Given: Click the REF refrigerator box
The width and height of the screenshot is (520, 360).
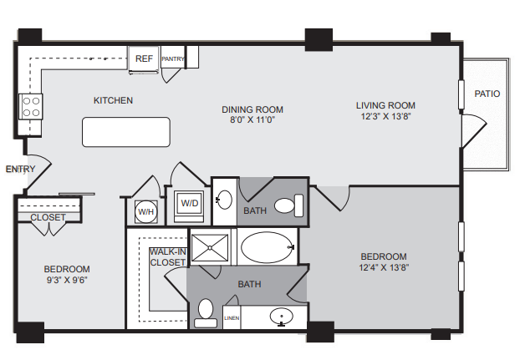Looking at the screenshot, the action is (x=144, y=58).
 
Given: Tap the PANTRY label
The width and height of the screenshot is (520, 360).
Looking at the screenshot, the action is (x=172, y=58).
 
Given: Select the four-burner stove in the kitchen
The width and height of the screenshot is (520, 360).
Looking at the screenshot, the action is (x=30, y=107).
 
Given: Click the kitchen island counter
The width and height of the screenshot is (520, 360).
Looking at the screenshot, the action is (x=126, y=132).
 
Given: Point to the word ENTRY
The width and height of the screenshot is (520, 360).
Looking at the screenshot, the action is (x=20, y=169).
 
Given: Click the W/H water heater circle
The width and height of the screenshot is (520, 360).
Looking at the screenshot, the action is (x=146, y=211).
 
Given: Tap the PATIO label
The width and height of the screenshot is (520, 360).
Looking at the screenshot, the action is (x=487, y=94).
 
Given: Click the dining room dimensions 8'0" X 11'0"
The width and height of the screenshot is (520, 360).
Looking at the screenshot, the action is (x=252, y=119).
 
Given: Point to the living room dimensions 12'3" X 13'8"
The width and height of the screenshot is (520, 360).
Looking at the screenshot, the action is (x=385, y=116).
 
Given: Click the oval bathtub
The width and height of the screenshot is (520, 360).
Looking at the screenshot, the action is (x=268, y=247).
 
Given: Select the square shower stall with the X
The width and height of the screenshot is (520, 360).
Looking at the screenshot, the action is (x=210, y=248).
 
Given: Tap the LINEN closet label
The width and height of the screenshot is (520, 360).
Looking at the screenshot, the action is (x=232, y=318).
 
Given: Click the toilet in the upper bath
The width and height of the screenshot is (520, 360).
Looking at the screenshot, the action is (x=289, y=205).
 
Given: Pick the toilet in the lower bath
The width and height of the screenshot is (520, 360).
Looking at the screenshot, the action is (x=206, y=313).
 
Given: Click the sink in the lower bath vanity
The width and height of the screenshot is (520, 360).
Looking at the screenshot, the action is (x=282, y=317).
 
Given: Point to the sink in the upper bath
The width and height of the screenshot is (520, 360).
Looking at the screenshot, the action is (x=224, y=200).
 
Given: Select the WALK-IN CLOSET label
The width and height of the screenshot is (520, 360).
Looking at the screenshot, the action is (x=167, y=257).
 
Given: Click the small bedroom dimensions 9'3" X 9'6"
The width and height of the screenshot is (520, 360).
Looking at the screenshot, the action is (x=67, y=280).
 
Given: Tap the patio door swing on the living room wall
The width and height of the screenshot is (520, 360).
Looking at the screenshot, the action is (x=474, y=131).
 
